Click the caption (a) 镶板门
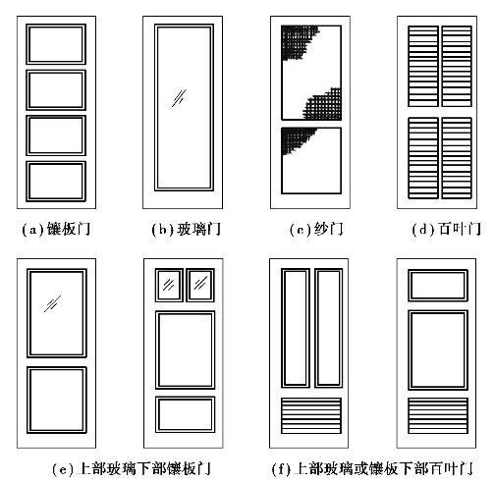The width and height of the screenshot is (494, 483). [x=56, y=229]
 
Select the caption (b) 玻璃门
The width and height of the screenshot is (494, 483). [x=186, y=229]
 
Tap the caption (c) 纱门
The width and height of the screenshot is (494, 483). [x=316, y=229]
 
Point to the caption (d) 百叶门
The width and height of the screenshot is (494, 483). [x=446, y=229]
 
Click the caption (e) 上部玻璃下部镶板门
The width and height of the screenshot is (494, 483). [x=131, y=469]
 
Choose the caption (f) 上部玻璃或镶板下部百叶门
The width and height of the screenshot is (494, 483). [x=372, y=469]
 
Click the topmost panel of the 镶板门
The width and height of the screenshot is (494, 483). [x=56, y=44]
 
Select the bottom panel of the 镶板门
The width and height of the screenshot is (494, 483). [x=56, y=182]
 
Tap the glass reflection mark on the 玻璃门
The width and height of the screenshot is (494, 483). [x=179, y=98]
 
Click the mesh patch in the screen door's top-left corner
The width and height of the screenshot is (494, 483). [x=297, y=41]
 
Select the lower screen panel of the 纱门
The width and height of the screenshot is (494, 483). [x=311, y=161]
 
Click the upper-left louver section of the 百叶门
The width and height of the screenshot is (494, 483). [x=423, y=67]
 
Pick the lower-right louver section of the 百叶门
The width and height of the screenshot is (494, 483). [x=457, y=158]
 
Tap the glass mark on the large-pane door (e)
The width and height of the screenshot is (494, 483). [x=52, y=303]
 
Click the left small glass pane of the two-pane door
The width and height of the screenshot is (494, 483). [x=169, y=285]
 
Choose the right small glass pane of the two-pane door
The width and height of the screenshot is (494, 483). [x=200, y=285]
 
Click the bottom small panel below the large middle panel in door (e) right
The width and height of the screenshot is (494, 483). [x=185, y=414]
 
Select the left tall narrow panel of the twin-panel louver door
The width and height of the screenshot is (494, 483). [x=296, y=328]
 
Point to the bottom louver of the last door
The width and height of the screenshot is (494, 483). [x=438, y=415]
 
